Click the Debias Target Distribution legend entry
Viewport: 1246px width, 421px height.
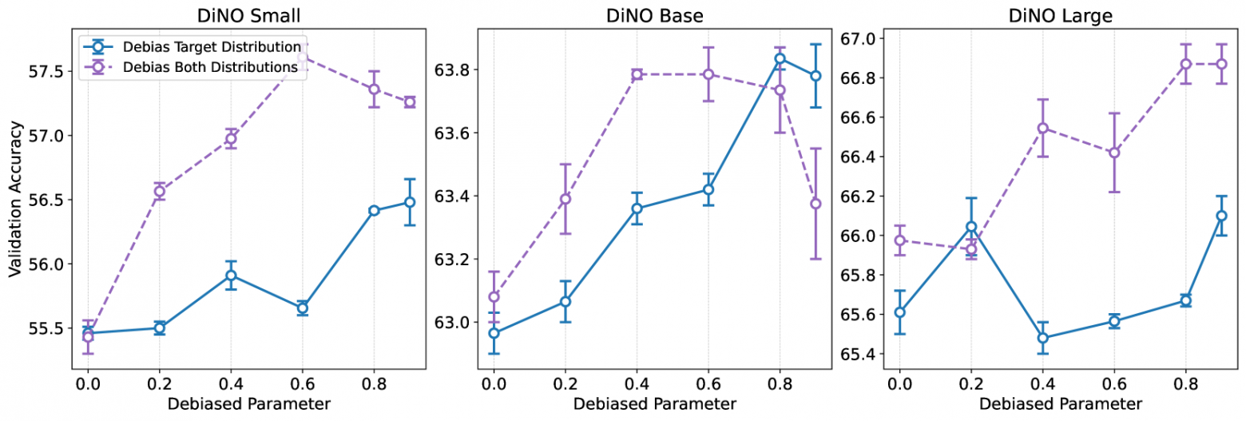[x=212, y=46]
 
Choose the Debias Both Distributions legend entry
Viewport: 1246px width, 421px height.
[x=212, y=68]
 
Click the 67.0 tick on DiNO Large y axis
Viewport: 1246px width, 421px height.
[x=858, y=38]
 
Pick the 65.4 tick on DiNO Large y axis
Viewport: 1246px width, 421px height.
[x=858, y=354]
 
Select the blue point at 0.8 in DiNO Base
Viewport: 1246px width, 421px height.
[x=780, y=58]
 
